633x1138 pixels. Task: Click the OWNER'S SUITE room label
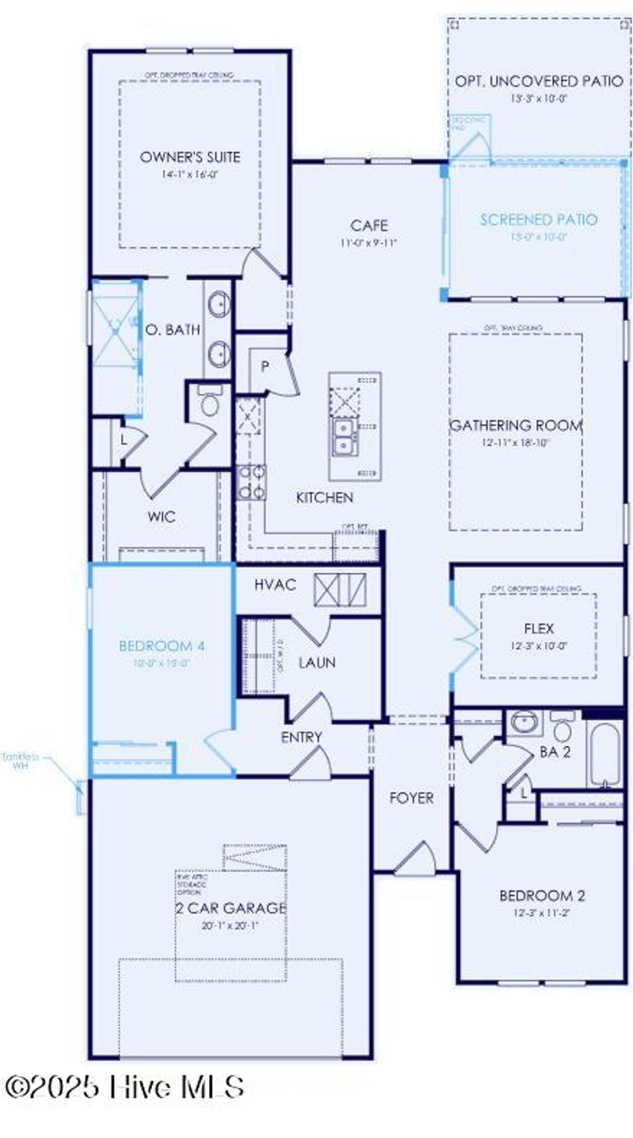click(x=190, y=157)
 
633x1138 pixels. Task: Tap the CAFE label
click(x=369, y=225)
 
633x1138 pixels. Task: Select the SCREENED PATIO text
click(x=538, y=220)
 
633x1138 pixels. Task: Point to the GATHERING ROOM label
click(x=516, y=426)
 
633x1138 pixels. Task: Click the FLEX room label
click(x=538, y=628)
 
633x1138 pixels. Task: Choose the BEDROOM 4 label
click(x=161, y=646)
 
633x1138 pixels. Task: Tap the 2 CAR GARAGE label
click(x=230, y=908)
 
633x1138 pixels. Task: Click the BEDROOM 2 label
click(x=542, y=896)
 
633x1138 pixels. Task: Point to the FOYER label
click(x=412, y=798)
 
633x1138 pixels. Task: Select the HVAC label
click(x=275, y=584)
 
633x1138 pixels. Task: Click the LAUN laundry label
click(x=317, y=663)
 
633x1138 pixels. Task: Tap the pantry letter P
click(x=265, y=367)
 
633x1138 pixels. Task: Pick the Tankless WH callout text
click(x=20, y=761)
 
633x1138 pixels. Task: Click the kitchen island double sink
click(x=344, y=437)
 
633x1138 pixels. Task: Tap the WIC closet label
click(x=161, y=516)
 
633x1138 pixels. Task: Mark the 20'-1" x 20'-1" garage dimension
click(x=230, y=926)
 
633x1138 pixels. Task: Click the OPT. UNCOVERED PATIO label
click(x=538, y=81)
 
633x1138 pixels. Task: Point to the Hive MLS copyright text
click(x=124, y=1102)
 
